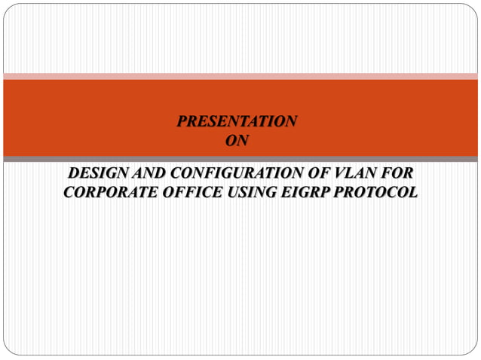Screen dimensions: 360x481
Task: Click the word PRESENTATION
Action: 237,121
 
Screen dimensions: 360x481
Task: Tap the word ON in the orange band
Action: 237,139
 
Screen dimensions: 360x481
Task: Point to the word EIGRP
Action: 305,193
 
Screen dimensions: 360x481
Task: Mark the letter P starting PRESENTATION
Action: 182,121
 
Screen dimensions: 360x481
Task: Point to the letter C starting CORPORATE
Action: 69,193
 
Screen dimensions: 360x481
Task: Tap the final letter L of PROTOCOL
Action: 412,193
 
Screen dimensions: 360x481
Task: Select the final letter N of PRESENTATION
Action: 291,121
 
